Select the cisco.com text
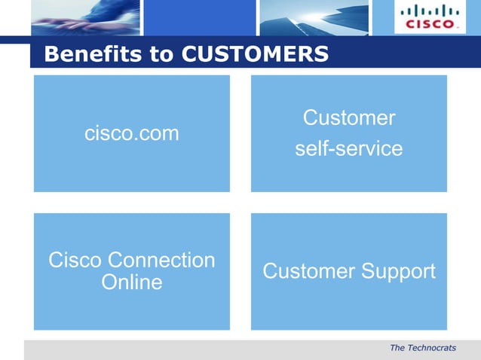pyautogui.click(x=132, y=134)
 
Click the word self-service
pyautogui.click(x=348, y=149)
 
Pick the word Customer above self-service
pyautogui.click(x=348, y=118)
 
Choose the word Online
pyautogui.click(x=131, y=282)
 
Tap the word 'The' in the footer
pyautogui.click(x=397, y=348)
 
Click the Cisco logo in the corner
pyautogui.click(x=430, y=17)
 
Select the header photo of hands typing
pyautogui.click(x=84, y=17)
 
